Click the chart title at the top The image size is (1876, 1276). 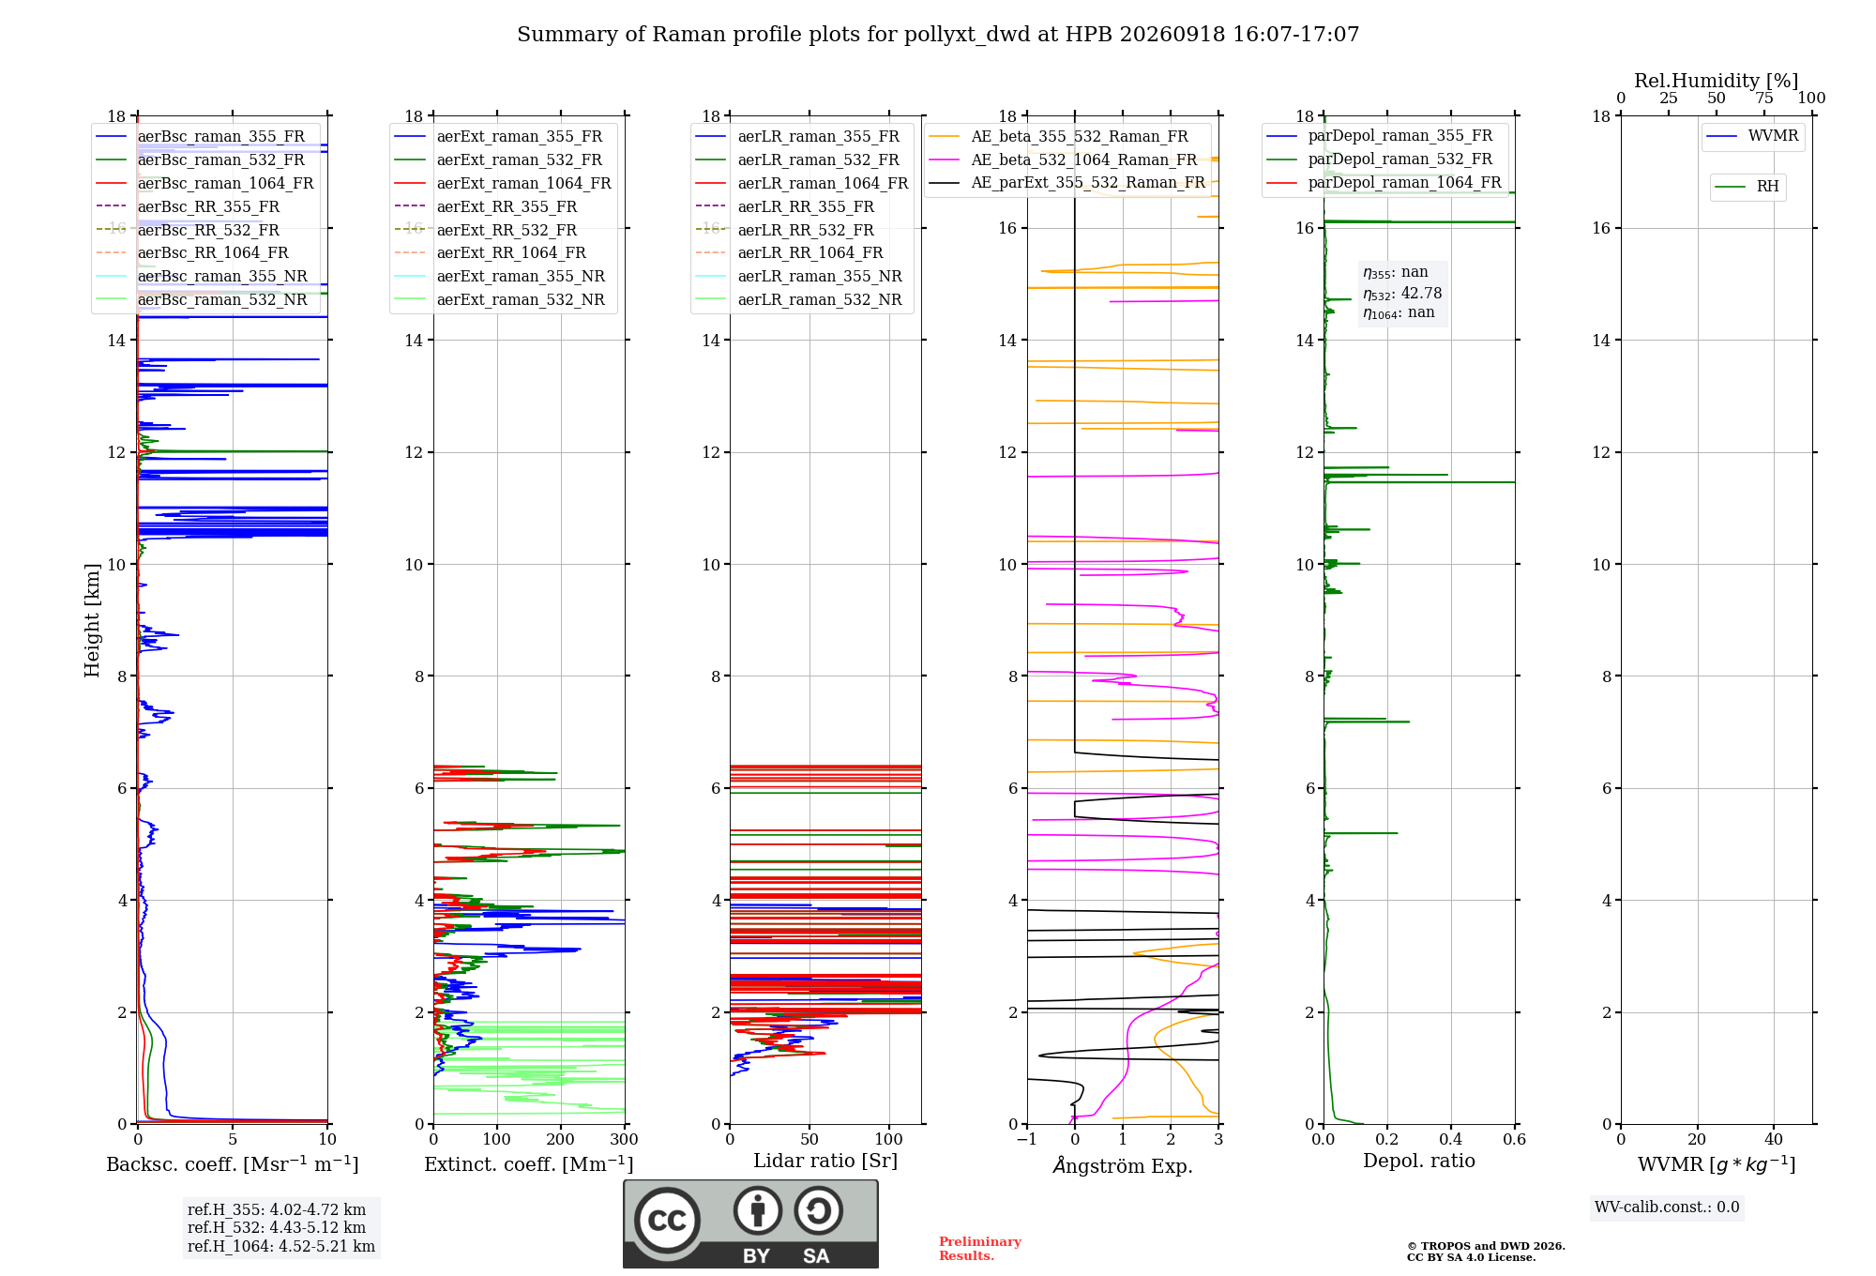(x=938, y=35)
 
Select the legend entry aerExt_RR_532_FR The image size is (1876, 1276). (x=507, y=230)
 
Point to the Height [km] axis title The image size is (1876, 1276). (x=92, y=620)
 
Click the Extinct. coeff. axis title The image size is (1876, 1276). (x=529, y=1164)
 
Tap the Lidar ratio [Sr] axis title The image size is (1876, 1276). (x=825, y=1161)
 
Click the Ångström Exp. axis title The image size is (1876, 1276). (x=1123, y=1165)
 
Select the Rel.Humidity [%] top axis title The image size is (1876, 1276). (x=1717, y=81)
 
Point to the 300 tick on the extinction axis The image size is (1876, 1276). (x=625, y=1139)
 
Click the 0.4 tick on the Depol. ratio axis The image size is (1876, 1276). (x=1451, y=1139)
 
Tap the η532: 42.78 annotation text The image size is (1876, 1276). (x=1402, y=294)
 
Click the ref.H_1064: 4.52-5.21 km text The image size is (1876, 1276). (x=281, y=1246)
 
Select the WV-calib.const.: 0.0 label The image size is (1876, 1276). (x=1667, y=1207)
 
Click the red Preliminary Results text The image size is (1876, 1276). (x=980, y=1249)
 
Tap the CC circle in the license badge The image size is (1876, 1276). (x=667, y=1221)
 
